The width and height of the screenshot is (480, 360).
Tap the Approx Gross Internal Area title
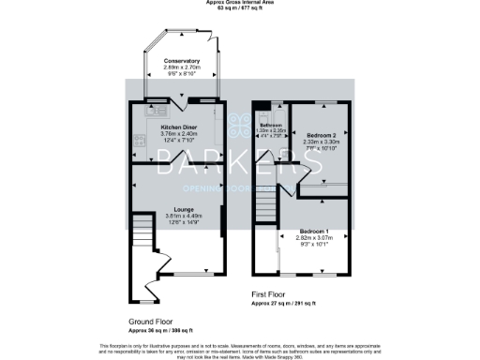(240, 3)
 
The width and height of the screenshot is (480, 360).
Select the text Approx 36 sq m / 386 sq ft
(160, 330)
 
